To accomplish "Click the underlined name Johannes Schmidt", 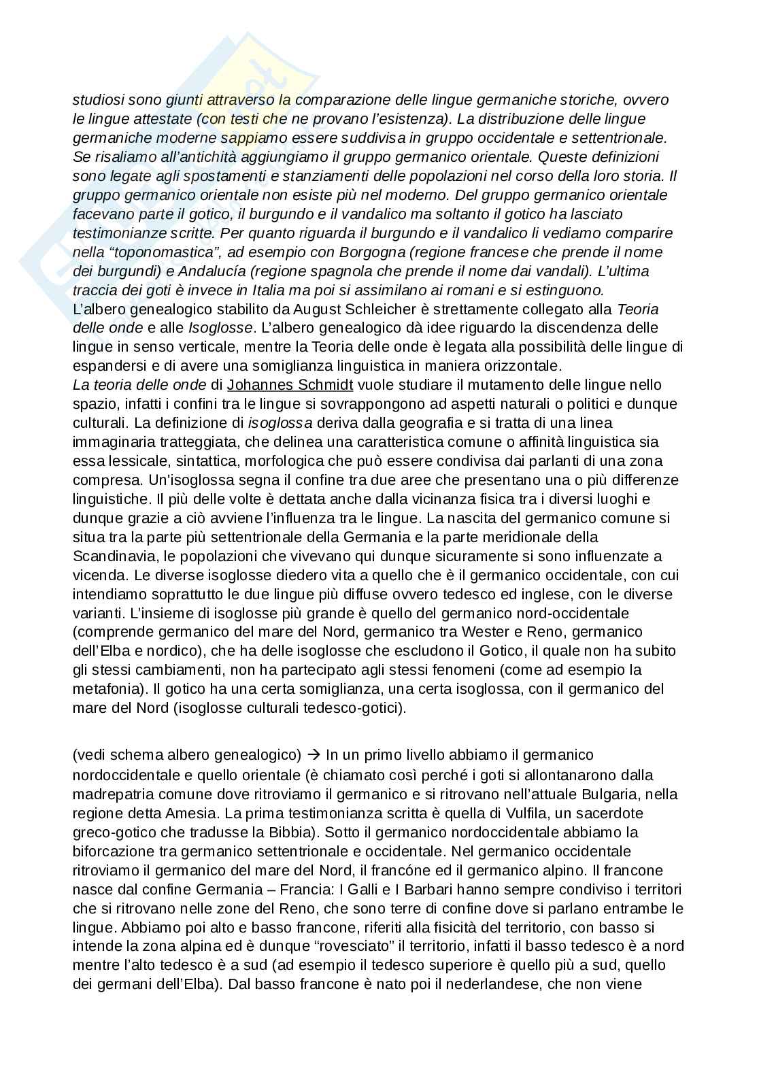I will (x=290, y=385).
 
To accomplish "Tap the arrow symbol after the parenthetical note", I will (x=314, y=755).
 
